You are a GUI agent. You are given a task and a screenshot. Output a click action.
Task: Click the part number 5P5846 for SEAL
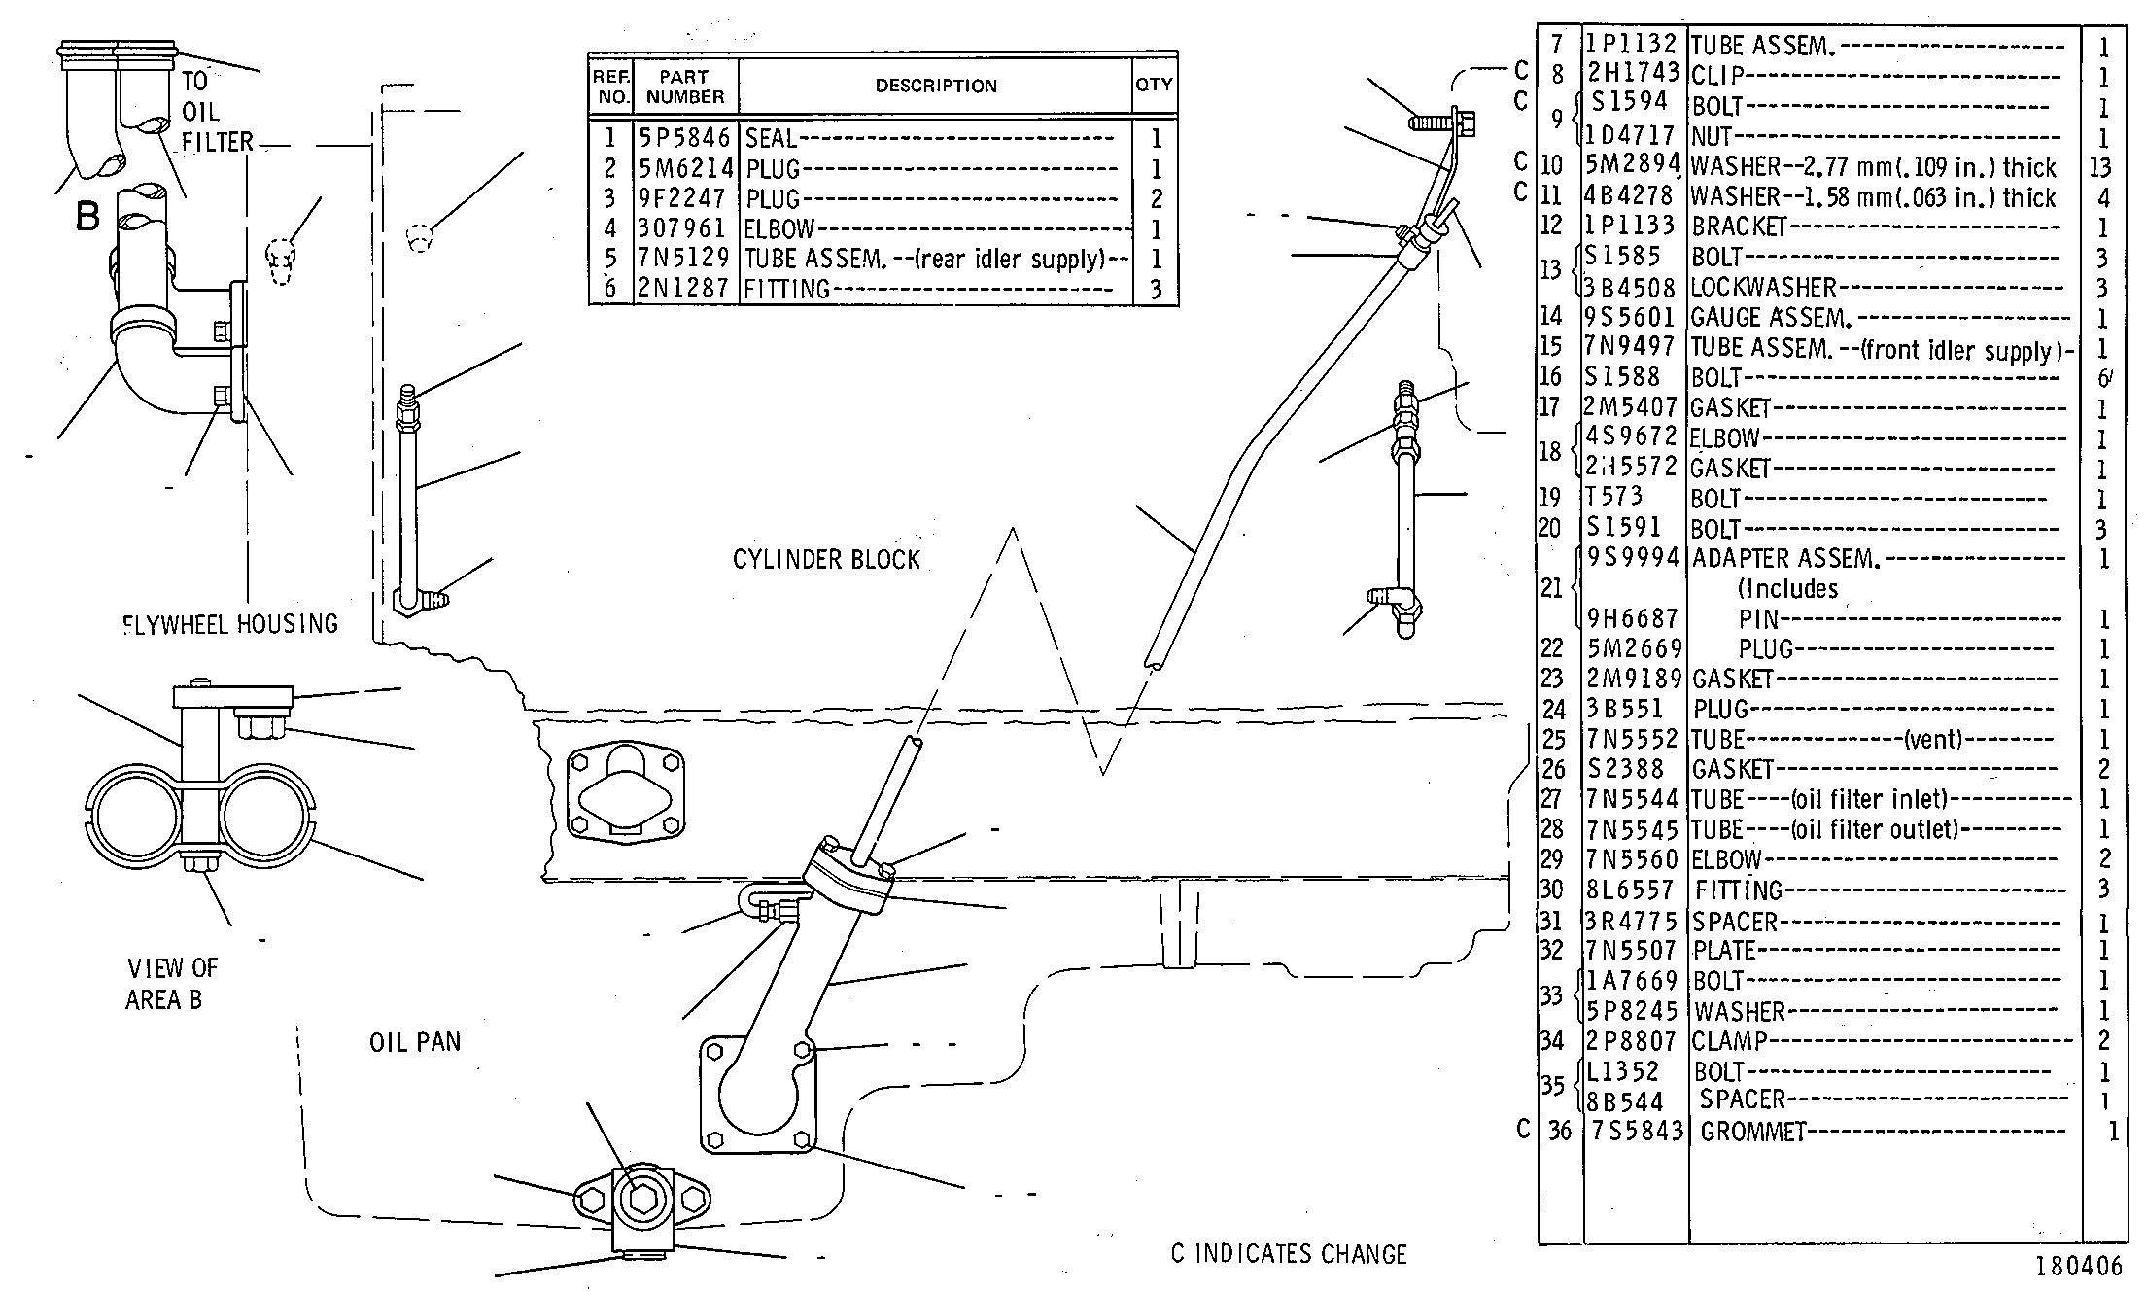684,138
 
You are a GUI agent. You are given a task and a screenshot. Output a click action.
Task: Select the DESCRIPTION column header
936,86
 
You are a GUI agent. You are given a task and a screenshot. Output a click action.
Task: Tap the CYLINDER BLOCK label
826,559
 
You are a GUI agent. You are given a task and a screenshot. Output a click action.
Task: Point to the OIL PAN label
415,1042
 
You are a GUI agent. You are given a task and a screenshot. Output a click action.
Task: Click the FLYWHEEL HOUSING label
230,623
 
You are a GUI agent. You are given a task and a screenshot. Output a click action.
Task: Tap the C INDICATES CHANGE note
1289,1254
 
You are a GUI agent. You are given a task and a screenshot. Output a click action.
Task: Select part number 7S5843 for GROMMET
1638,1131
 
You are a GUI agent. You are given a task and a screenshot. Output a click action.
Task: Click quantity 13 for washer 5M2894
2100,167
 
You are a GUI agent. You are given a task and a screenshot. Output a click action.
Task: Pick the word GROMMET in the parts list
1753,1132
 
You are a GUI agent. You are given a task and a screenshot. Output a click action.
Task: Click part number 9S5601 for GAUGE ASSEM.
1632,317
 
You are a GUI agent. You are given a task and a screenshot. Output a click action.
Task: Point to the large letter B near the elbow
87,216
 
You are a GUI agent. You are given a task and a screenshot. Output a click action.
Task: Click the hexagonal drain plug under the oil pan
641,1200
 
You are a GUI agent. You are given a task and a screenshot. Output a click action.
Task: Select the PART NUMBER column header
685,87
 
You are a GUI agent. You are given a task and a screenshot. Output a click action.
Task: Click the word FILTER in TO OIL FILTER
218,142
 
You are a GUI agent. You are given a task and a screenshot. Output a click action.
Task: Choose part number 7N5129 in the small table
684,258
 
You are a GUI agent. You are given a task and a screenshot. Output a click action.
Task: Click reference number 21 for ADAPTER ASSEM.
1552,587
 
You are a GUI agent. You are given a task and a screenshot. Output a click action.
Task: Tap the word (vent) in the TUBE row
1933,739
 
